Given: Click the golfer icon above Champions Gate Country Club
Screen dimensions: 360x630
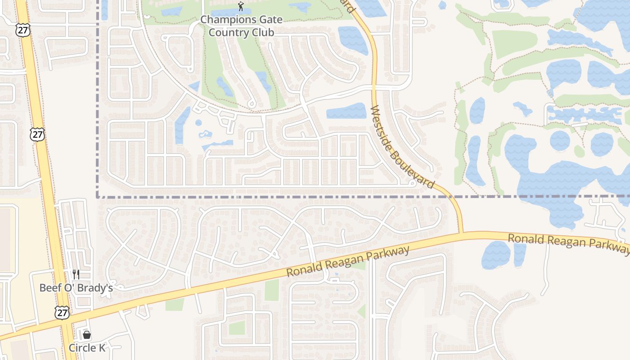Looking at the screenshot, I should (x=241, y=6).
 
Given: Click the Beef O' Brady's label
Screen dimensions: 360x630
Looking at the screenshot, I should (x=76, y=288).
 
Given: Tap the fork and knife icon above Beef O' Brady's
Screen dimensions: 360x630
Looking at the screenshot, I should (x=76, y=274).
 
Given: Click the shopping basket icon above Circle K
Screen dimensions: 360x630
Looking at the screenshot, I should (x=87, y=335).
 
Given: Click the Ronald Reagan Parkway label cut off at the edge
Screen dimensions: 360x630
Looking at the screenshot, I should (x=569, y=243).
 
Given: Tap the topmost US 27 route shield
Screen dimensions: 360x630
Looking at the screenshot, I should (x=22, y=30).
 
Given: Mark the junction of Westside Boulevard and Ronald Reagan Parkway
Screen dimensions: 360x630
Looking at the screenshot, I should (x=461, y=233).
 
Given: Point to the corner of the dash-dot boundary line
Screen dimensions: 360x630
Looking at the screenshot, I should (x=98, y=197).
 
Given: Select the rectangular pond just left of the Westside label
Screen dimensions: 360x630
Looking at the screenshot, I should (x=346, y=111).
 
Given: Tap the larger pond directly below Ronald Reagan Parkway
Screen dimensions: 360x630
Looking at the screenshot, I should (x=496, y=255).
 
